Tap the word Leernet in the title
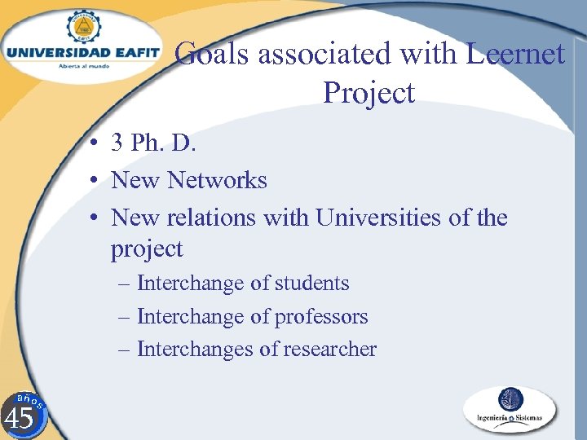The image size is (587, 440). tap(515, 54)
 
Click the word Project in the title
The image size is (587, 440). tap(369, 92)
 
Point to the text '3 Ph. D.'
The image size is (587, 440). tap(153, 143)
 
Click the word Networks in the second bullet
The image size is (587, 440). tap(217, 179)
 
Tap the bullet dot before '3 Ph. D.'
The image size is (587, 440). tap(95, 143)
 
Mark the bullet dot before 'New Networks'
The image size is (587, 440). tap(95, 180)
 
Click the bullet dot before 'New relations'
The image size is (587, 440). tap(95, 218)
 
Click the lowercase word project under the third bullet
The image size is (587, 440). tap(147, 249)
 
